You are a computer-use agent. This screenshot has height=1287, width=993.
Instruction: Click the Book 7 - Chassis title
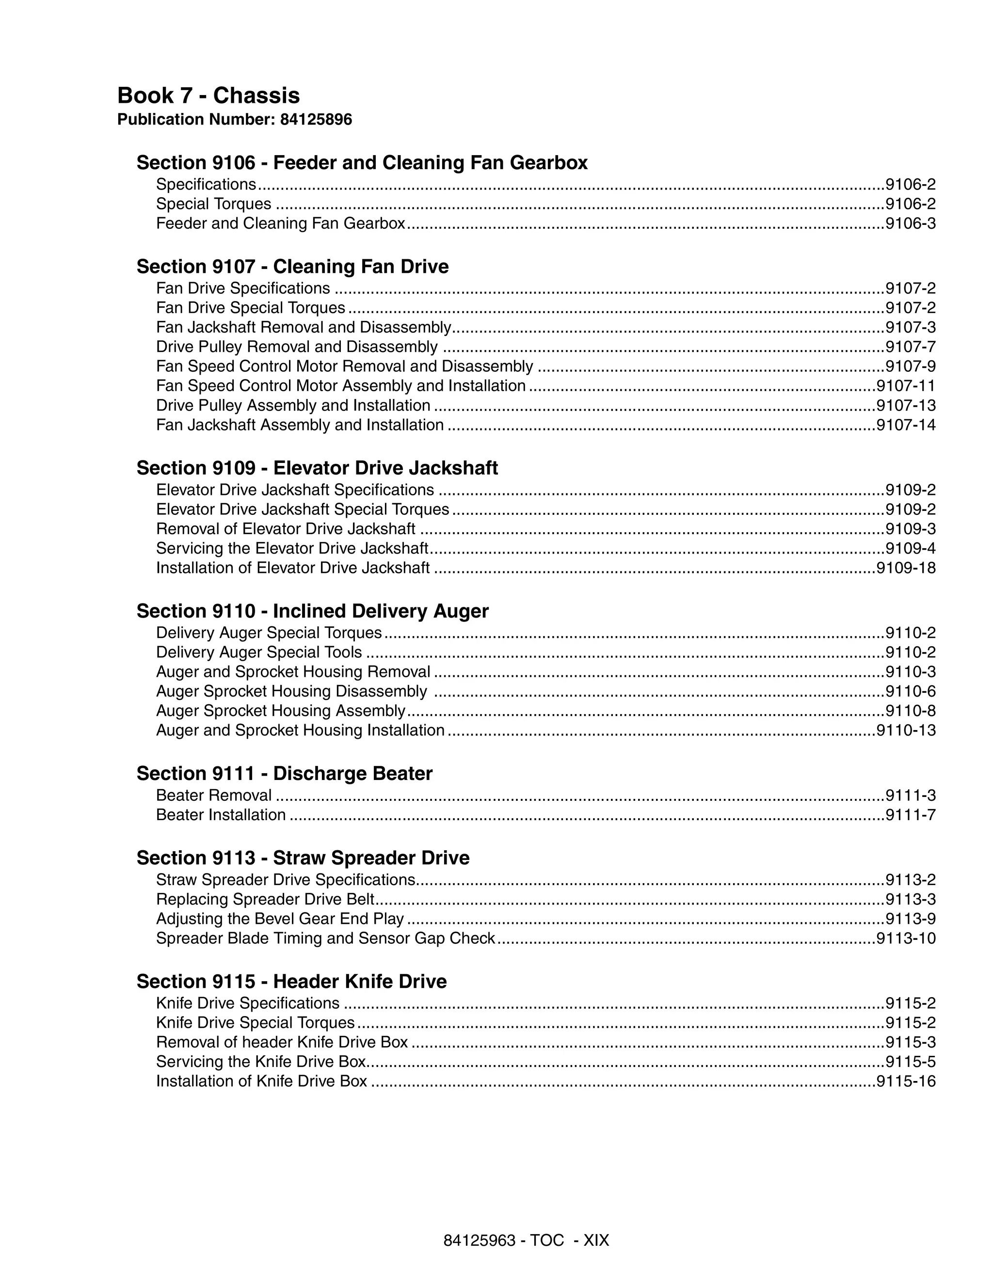click(208, 95)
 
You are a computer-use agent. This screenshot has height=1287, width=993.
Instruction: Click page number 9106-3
click(911, 224)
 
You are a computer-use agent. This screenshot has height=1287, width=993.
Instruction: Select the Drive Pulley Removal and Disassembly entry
click(296, 347)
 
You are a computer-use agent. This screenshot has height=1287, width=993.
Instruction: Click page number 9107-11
click(906, 386)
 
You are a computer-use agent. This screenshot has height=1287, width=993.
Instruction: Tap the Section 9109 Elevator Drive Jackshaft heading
click(317, 468)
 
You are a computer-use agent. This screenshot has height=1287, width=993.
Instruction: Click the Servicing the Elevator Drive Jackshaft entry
click(292, 549)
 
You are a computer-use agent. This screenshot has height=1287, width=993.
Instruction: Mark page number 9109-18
click(906, 568)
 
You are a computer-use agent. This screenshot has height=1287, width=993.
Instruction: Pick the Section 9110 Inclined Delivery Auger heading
click(312, 611)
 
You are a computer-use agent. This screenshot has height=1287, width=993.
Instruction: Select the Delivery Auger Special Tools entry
click(259, 652)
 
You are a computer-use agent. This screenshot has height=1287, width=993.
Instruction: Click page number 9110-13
click(906, 731)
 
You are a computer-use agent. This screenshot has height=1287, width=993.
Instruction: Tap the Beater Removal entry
click(213, 795)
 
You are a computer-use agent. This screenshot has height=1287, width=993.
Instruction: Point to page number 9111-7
click(911, 815)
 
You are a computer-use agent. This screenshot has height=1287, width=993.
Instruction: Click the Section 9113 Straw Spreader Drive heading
click(303, 858)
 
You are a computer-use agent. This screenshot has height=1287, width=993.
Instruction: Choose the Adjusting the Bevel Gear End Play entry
click(280, 919)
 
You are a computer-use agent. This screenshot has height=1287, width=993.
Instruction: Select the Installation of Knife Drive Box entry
click(261, 1081)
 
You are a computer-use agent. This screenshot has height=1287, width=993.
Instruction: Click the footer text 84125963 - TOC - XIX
click(526, 1240)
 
